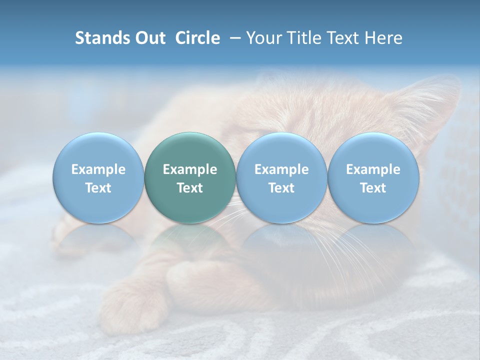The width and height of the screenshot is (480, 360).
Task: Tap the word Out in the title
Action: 148,38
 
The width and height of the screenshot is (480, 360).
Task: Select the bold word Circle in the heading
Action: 197,38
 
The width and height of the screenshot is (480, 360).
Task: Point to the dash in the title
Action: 233,38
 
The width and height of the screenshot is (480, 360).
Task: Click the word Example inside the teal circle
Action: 190,169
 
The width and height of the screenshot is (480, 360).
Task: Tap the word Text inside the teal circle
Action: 190,188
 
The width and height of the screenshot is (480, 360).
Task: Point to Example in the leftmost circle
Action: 98,169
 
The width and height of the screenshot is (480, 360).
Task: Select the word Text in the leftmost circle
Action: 98,188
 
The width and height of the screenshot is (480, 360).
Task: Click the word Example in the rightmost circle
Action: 373,169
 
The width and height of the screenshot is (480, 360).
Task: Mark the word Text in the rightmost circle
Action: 373,188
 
